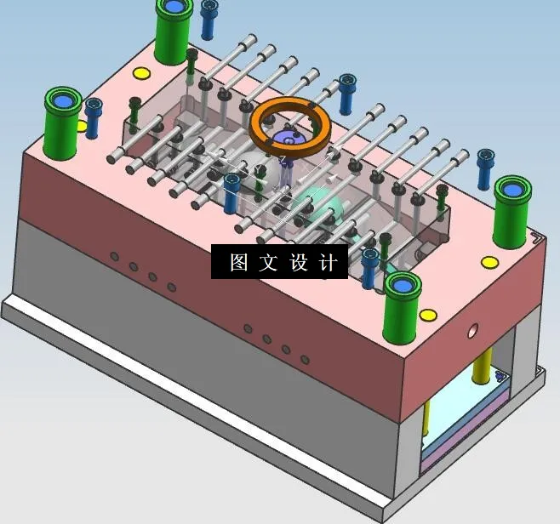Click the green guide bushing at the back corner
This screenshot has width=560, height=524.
[x=174, y=30]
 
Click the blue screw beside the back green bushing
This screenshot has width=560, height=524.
[x=209, y=20]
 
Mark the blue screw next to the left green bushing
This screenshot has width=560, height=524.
[x=93, y=118]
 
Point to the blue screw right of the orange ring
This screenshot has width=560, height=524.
[x=347, y=94]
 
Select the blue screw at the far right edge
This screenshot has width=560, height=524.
[x=485, y=169]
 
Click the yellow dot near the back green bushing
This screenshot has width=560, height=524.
[x=140, y=72]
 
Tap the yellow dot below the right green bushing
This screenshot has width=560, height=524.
[x=489, y=261]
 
